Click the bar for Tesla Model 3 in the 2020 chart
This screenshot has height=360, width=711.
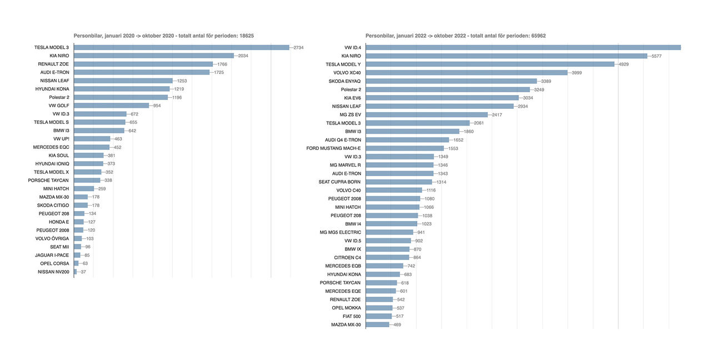click(x=181, y=47)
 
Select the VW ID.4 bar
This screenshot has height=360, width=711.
click(x=522, y=47)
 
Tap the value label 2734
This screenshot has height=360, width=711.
click(x=298, y=47)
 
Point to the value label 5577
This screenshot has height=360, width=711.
click(x=657, y=56)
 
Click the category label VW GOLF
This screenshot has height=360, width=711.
click(x=59, y=106)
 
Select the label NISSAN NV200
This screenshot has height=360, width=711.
click(x=53, y=272)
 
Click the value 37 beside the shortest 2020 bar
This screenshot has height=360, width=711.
click(x=83, y=272)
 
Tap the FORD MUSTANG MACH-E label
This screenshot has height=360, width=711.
click(x=333, y=148)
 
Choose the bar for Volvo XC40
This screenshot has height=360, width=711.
click(x=467, y=73)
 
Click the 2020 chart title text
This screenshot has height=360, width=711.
click(x=164, y=36)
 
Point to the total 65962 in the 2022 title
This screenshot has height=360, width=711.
click(x=538, y=36)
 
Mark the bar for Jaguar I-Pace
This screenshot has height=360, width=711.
click(x=77, y=255)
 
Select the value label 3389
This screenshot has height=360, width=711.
click(x=545, y=81)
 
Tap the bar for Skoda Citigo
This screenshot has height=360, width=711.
click(x=81, y=205)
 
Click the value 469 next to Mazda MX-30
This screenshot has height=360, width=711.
click(x=397, y=324)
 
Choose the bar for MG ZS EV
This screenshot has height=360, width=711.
click(x=427, y=114)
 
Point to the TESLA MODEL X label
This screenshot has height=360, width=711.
click(x=51, y=172)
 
